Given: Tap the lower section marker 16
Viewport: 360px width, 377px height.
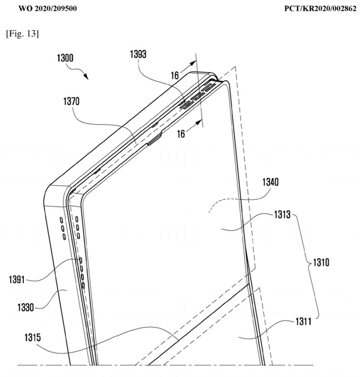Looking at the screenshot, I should (x=181, y=134).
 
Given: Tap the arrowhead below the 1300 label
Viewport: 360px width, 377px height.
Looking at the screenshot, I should (x=86, y=78).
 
